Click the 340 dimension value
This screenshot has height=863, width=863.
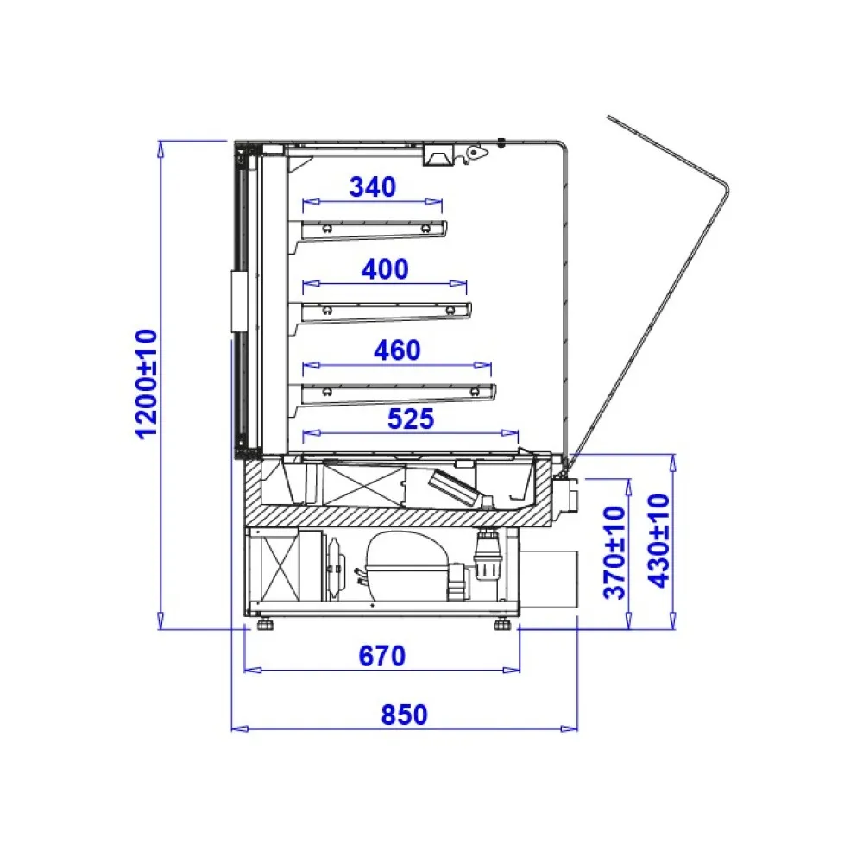point(372,186)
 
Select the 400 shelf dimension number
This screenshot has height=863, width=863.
point(385,269)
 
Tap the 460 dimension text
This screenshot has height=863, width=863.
point(397,350)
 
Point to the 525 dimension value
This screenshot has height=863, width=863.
point(410,419)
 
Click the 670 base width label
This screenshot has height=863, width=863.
point(381,656)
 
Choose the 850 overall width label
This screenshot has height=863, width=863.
point(404,715)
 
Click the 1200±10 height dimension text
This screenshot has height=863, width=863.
point(146,382)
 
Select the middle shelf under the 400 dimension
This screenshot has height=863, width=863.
point(385,310)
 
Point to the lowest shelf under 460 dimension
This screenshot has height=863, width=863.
point(397,392)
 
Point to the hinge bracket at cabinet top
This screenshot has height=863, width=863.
point(473,153)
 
